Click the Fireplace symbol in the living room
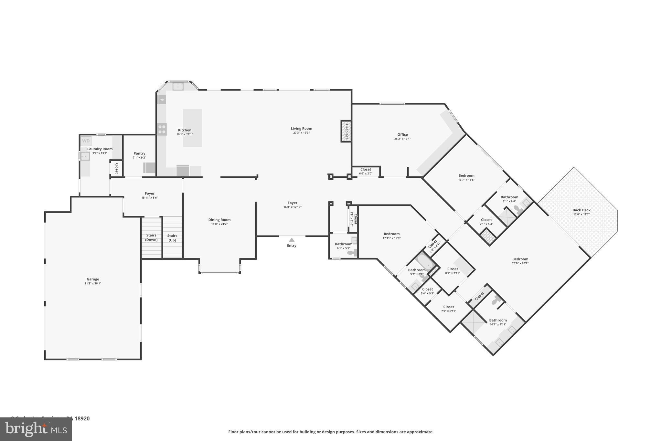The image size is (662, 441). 346,131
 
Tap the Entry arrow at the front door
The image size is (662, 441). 292,240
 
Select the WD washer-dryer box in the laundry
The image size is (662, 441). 86,141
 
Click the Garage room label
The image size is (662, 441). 93,279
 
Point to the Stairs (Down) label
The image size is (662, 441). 151,237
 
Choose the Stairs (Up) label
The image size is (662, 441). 172,238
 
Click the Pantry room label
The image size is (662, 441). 139,153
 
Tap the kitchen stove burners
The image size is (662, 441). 162,129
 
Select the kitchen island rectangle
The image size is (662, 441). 192,128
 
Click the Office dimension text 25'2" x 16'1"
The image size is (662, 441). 402,139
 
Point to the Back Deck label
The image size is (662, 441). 582,210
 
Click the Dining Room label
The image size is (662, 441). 219,220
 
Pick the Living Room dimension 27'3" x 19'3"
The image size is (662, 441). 301,133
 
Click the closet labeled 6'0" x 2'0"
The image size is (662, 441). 366,171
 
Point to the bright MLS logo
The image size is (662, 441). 36,429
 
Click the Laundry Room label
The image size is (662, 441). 100,149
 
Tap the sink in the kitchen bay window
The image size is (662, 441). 177,86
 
